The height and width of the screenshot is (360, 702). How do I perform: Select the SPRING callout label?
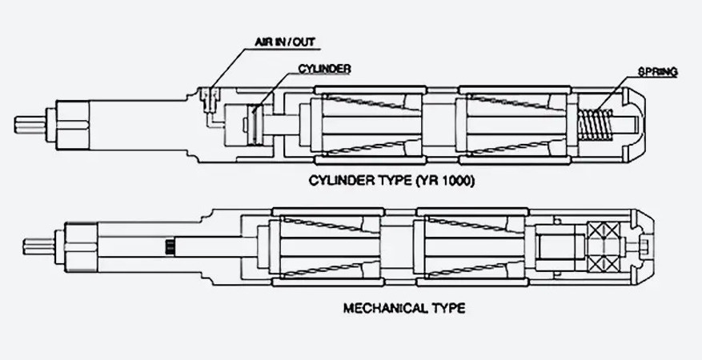click(657, 72)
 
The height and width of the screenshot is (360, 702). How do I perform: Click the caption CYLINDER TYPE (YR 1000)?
click(391, 181)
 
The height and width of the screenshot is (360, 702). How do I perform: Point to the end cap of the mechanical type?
click(644, 245)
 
